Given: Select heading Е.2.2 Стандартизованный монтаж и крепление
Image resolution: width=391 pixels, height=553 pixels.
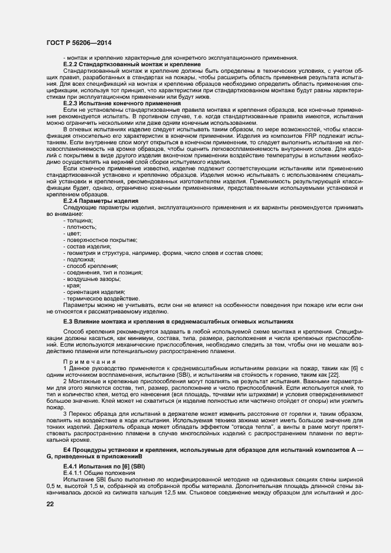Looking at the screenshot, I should point(131,64).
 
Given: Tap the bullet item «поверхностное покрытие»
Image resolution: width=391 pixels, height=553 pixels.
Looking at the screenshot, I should point(100,240).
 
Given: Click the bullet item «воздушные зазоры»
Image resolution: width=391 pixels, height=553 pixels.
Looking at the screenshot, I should point(91,279).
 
